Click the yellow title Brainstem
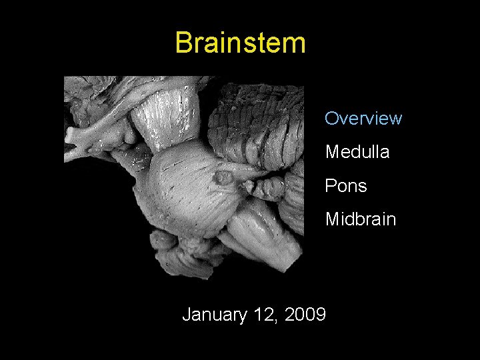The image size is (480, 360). (x=240, y=43)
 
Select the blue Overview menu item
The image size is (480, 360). (x=363, y=119)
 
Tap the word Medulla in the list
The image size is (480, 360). (x=357, y=152)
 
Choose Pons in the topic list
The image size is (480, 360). (x=345, y=186)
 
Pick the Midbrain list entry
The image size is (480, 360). (x=360, y=219)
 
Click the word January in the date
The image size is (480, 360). (x=215, y=314)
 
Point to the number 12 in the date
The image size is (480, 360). (x=264, y=314)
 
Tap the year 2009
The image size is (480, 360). (x=304, y=314)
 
